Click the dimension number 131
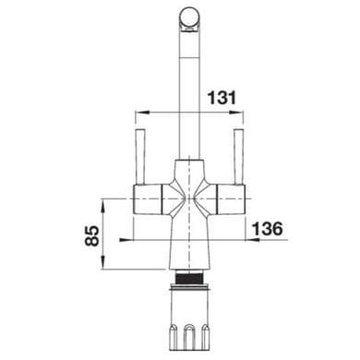click(x=222, y=98)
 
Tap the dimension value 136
click(x=267, y=228)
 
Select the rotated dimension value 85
click(x=92, y=235)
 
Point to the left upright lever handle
click(x=140, y=157)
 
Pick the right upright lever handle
click(x=239, y=157)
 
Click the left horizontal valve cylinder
click(x=148, y=199)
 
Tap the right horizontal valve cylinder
click(x=232, y=199)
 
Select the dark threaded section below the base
click(x=189, y=279)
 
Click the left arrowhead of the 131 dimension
click(x=142, y=113)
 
